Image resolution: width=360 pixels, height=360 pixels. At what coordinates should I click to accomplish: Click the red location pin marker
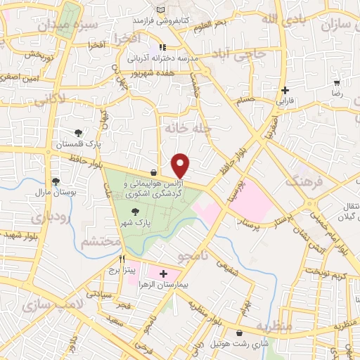[x=181, y=166]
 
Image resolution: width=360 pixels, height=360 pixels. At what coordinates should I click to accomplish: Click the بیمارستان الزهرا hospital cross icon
[x=164, y=273]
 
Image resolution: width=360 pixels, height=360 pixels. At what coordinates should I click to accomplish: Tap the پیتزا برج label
[x=120, y=269]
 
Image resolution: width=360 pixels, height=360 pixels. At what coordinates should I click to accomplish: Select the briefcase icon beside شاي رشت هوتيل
[x=241, y=332]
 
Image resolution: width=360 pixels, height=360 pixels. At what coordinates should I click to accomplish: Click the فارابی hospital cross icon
[x=284, y=90]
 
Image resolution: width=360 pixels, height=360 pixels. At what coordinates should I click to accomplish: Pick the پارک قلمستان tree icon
[x=78, y=133]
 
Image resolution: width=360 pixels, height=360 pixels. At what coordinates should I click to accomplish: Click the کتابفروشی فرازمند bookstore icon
[x=162, y=10]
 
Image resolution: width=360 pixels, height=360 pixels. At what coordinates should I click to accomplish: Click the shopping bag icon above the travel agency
[x=153, y=173]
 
